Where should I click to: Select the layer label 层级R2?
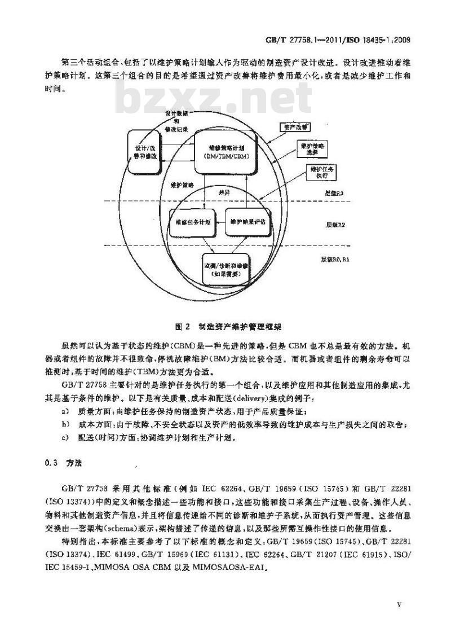click(x=336, y=224)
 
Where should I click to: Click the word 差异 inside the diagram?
click(x=224, y=192)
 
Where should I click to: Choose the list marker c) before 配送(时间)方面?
click(x=66, y=437)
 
